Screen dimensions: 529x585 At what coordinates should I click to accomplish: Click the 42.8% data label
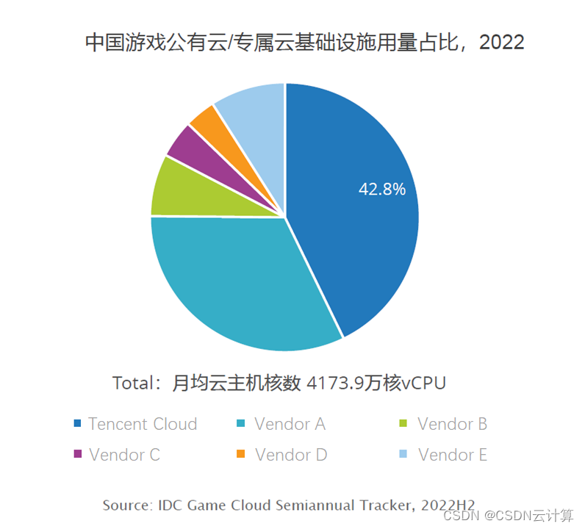click(x=382, y=190)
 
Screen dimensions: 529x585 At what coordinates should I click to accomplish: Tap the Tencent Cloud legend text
click(x=143, y=424)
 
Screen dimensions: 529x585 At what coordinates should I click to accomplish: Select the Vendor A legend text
click(x=290, y=424)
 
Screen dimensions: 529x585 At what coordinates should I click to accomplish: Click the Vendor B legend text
click(x=452, y=424)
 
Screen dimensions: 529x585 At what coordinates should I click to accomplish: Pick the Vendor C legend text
click(x=124, y=455)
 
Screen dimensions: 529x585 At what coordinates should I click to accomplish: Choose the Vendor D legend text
click(x=291, y=455)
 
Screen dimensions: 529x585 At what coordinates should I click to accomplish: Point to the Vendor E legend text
click(x=452, y=455)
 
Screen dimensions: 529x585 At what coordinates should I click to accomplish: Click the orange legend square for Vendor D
click(x=240, y=455)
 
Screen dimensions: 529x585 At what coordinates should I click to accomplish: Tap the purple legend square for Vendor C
click(x=77, y=455)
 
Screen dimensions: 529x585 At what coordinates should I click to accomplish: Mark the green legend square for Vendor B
click(x=403, y=424)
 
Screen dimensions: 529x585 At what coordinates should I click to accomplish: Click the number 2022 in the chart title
click(x=501, y=42)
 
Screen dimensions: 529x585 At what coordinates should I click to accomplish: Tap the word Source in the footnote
click(x=127, y=505)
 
